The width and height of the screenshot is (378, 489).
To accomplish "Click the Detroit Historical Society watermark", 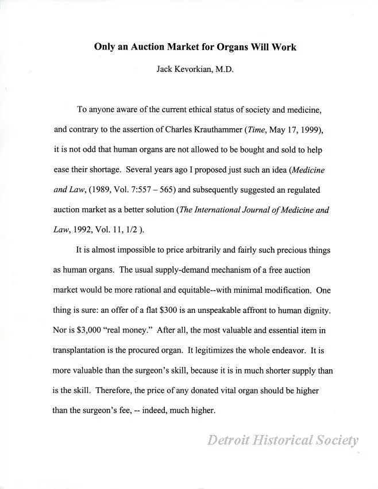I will click(282, 441).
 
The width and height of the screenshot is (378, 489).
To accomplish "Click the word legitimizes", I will click(249, 350).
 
